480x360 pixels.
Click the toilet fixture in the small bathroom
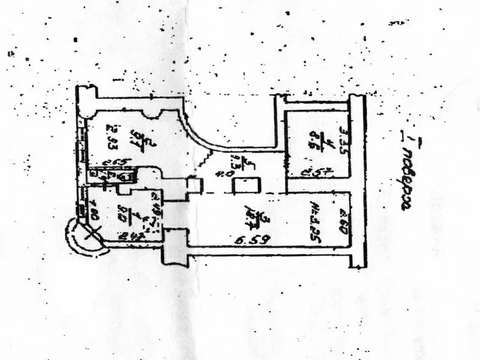coord(127,176)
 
